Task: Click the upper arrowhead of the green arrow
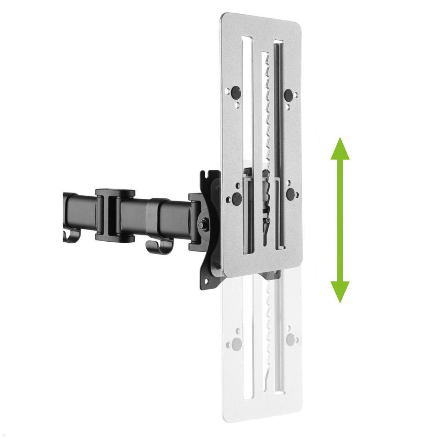coord(340,149)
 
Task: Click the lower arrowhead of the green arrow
coord(340,291)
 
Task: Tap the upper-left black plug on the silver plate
coord(236,91)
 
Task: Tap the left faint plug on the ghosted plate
coord(236,344)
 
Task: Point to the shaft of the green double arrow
coord(340,220)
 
